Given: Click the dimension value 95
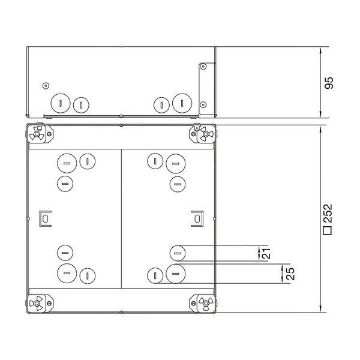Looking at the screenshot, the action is tap(329, 83).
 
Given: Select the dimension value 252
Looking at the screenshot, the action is tap(328, 213).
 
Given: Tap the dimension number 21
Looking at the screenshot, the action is tap(266, 253).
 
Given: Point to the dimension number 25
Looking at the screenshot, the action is tap(290, 274).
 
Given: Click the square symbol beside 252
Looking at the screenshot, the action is tap(328, 230).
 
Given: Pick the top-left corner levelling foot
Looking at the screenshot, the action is tap(39, 134).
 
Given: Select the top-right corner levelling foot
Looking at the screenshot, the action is tap(203, 133).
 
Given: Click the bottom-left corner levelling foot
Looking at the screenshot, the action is tap(39, 303).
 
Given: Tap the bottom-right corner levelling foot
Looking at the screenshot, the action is tap(203, 303).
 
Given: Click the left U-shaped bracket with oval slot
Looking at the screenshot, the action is tap(40, 218).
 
